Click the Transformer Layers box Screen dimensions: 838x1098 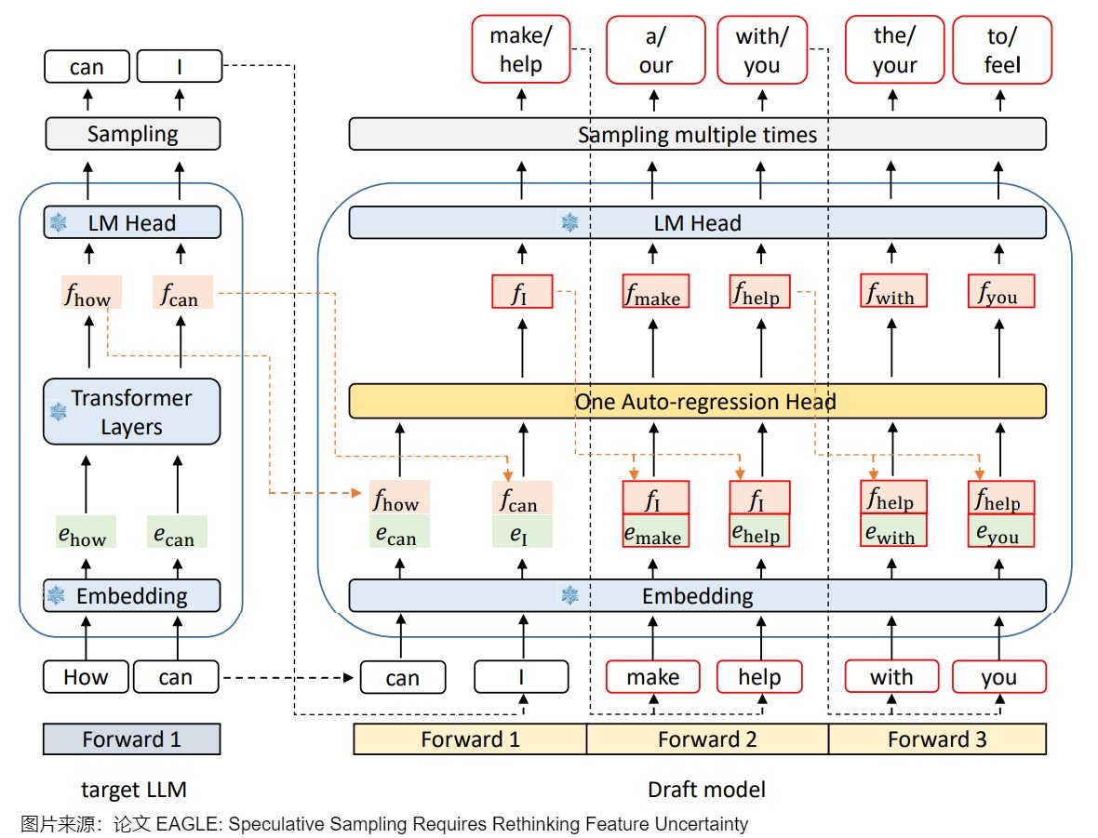[131, 412]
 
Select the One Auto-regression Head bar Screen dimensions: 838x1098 [697, 402]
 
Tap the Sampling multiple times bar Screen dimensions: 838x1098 [697, 135]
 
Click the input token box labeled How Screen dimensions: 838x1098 [86, 677]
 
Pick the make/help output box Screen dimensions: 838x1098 [520, 50]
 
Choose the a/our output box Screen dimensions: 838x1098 [655, 50]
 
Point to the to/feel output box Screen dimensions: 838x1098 [1002, 50]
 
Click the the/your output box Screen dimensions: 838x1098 [894, 50]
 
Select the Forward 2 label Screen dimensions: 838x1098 [707, 739]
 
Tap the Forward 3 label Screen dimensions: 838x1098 [937, 739]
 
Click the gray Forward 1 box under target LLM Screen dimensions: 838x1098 [131, 739]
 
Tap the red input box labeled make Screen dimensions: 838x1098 [652, 677]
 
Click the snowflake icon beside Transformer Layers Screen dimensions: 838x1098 [58, 412]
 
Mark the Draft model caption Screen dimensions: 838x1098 [706, 791]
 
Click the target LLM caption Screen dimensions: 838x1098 [134, 791]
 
